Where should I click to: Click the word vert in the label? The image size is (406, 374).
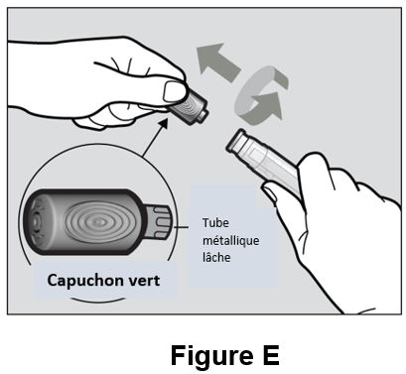coord(144,281)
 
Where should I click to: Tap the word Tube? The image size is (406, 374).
coord(215,222)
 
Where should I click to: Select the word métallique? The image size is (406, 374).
coord(231,240)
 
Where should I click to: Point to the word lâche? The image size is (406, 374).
coord(216,257)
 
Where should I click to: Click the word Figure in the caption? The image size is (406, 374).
coord(212,355)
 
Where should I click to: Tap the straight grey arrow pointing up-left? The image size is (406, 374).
coord(216,62)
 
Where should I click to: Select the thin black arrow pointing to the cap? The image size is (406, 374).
coord(155,137)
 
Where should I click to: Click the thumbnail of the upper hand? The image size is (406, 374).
coord(174,91)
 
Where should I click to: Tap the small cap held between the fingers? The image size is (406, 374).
coord(188,108)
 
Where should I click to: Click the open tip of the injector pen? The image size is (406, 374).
coord(235,141)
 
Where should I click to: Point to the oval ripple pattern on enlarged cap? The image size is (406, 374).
coord(97,222)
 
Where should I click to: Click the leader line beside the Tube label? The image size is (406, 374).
coord(181,227)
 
